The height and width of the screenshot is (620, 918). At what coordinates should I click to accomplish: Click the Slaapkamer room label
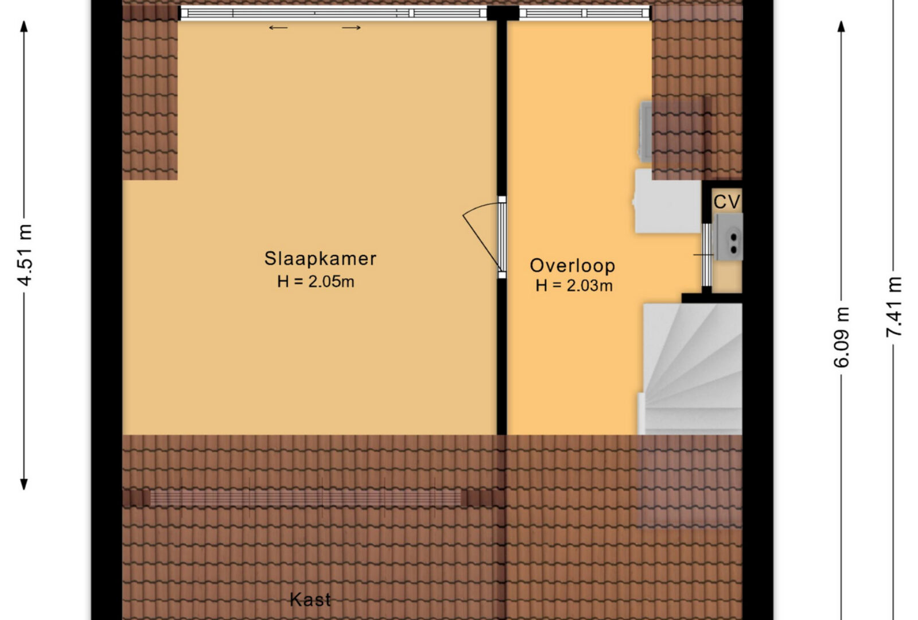320,258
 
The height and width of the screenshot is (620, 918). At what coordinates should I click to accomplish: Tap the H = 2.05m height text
316,282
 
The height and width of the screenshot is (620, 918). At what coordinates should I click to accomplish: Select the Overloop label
573,266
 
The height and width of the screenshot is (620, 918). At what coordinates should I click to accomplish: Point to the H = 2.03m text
574,285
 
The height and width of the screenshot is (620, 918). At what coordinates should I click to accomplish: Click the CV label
727,201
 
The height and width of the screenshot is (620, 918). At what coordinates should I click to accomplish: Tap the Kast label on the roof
310,600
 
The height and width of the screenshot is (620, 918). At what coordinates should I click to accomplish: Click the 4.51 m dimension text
25,255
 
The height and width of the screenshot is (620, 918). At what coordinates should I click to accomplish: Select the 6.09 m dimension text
841,337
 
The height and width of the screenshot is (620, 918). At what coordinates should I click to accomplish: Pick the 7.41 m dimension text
894,307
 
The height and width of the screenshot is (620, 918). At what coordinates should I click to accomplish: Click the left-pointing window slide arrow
278,28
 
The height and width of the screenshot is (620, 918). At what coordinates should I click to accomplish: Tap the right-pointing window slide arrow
351,28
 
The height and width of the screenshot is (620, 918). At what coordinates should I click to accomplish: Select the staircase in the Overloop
690,369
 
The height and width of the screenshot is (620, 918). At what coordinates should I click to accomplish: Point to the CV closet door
706,255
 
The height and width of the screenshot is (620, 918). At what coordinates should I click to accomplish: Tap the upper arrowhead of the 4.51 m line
24,26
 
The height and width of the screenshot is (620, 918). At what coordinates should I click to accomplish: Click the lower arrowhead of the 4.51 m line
24,485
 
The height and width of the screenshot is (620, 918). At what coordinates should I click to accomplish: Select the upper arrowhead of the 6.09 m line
841,26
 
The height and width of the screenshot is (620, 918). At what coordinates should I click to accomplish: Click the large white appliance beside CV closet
668,201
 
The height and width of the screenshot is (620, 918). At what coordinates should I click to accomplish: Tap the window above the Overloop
585,14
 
